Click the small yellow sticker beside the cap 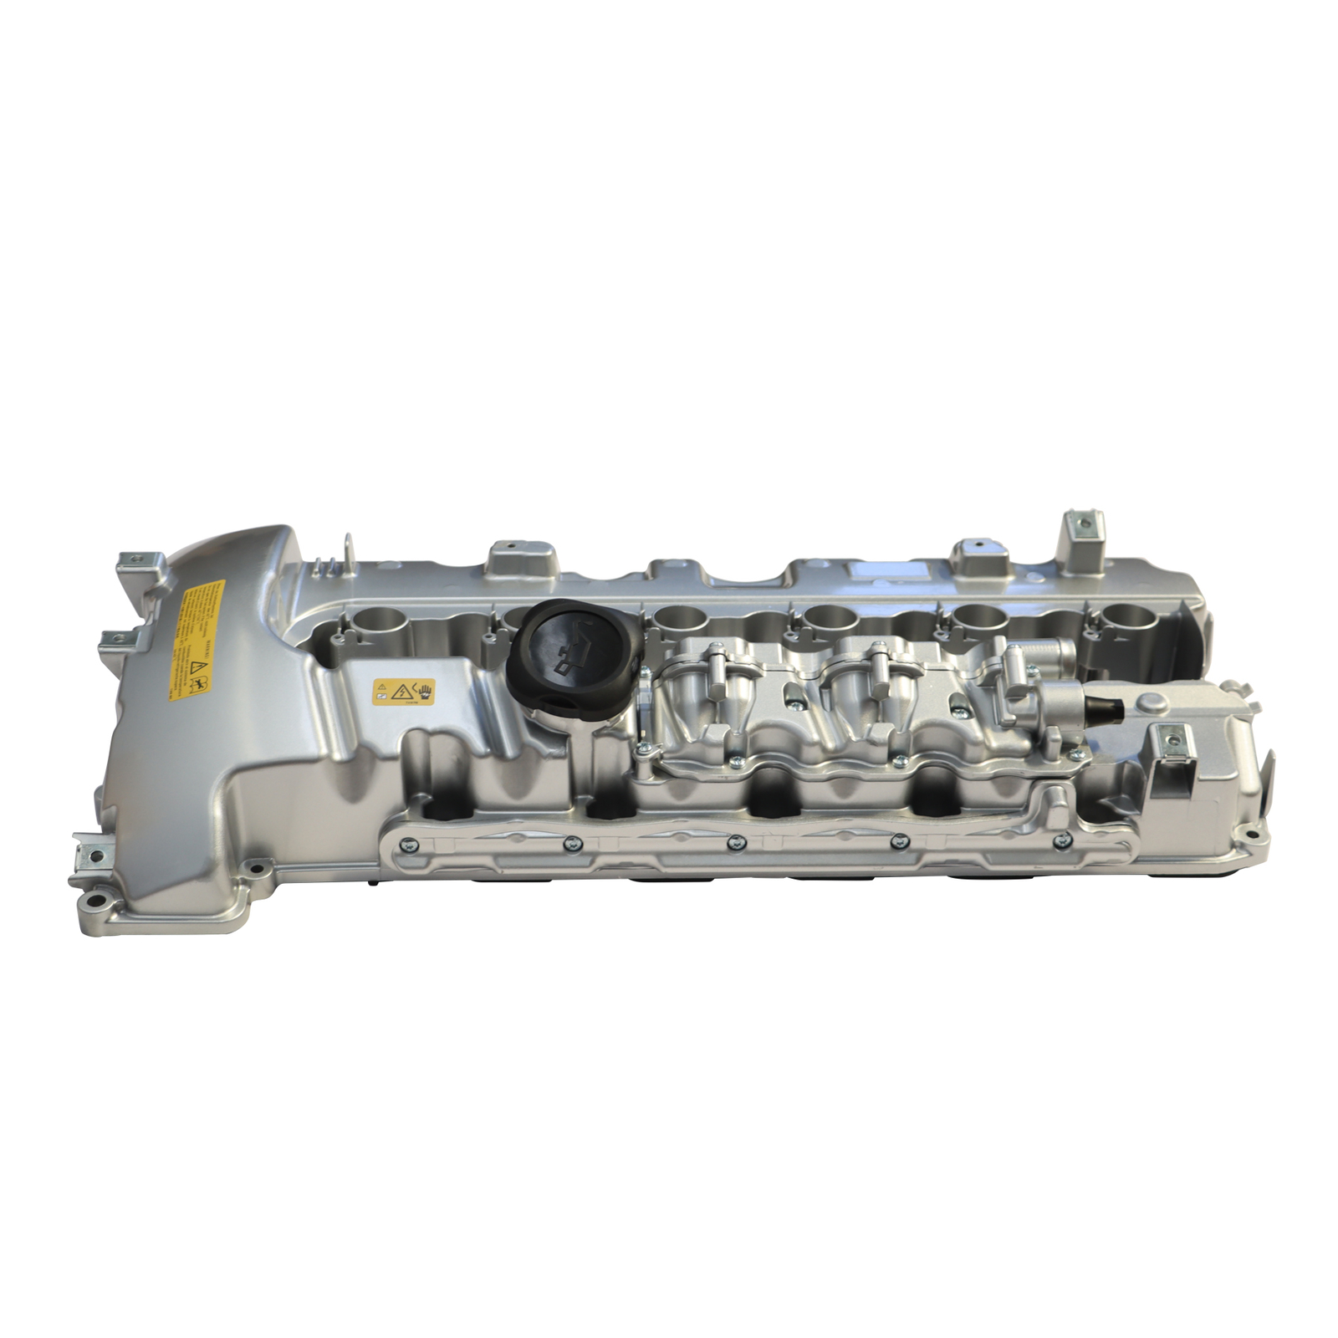point(404,691)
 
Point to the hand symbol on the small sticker point(426,690)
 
